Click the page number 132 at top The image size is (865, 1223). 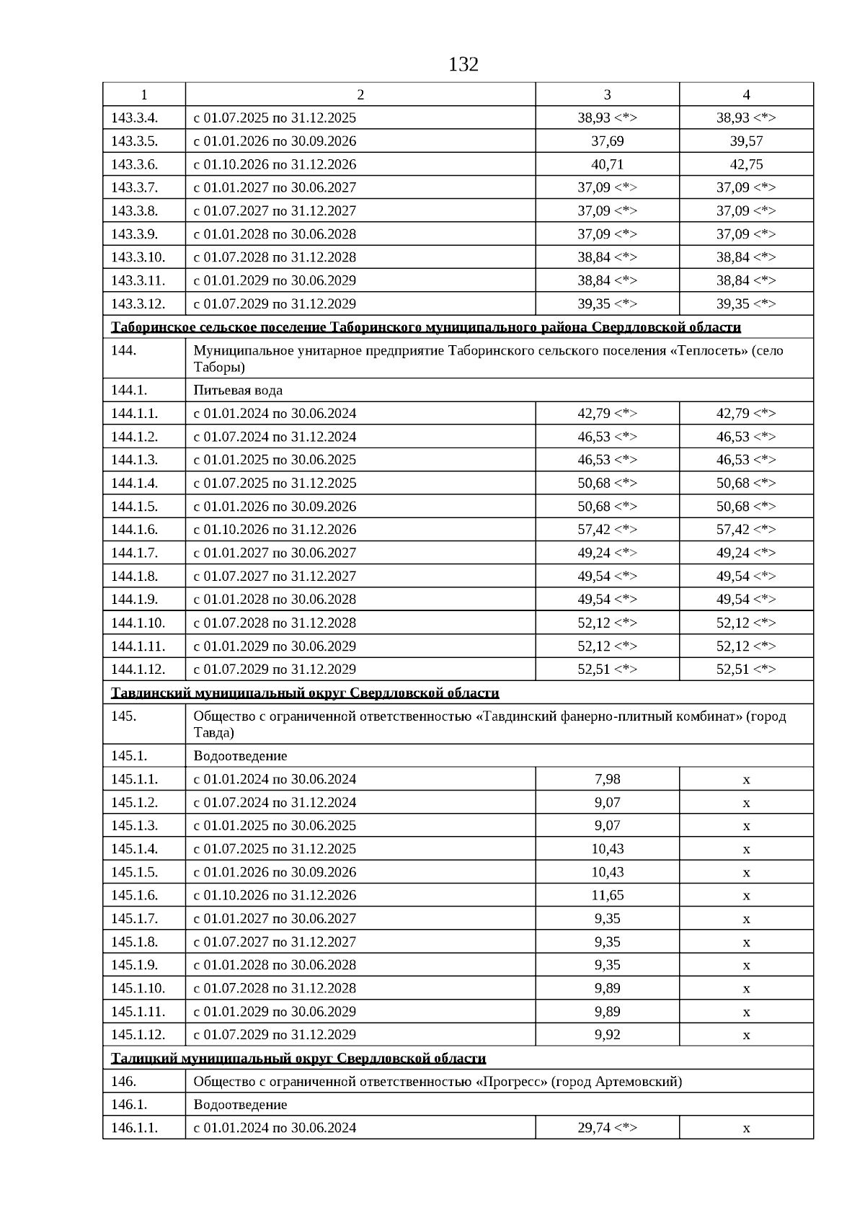463,65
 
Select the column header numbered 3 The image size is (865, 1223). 607,94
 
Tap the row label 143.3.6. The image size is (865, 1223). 134,164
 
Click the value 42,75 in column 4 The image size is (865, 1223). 746,164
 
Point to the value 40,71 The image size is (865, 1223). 607,164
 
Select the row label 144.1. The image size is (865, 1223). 129,390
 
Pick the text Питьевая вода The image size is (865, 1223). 238,390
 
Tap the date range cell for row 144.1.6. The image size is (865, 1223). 275,530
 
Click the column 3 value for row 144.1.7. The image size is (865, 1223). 607,553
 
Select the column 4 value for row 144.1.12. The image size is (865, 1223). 746,669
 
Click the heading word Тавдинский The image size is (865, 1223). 146,693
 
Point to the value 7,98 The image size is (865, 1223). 607,779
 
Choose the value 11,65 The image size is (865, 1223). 607,895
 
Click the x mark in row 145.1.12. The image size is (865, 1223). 746,1035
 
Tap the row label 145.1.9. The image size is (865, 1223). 134,965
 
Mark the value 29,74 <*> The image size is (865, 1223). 607,1128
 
